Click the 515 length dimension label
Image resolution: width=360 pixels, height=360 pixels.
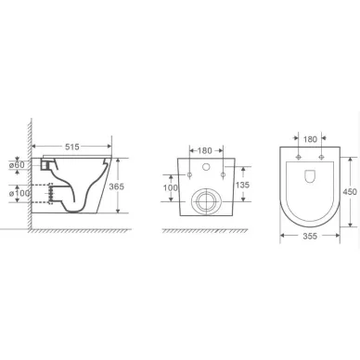coord(72,147)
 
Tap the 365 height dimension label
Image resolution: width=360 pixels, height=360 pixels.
coord(117,186)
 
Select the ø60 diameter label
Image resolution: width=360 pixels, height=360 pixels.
coord(18,165)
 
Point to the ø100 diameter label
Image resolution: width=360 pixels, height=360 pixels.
coord(19,194)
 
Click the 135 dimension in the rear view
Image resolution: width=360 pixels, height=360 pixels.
coord(242,185)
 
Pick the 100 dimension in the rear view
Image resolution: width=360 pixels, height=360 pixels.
coord(171,187)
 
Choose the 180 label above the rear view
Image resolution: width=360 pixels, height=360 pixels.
coord(205,150)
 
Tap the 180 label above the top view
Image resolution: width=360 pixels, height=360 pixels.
coord(310,139)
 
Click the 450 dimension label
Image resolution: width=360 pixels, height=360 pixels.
coord(350,192)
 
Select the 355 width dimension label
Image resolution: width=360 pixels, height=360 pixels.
coord(310,237)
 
